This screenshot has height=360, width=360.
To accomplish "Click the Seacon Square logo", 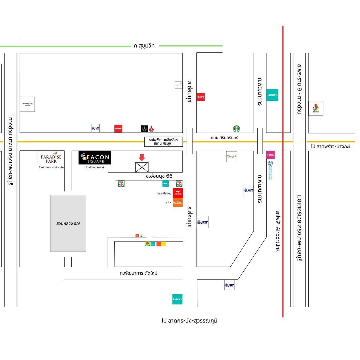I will (x=95, y=158).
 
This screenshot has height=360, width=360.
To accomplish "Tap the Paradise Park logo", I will (x=51, y=157).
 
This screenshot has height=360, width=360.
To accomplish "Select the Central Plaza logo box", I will (x=27, y=104).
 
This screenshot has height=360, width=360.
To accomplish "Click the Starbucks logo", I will (x=236, y=129).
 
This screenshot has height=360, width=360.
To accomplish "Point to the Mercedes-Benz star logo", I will (x=145, y=129).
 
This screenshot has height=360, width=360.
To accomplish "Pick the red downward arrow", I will (x=142, y=157).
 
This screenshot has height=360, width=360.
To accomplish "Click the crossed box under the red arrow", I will (x=142, y=167).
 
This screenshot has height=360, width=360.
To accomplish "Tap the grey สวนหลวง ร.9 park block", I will (x=68, y=223).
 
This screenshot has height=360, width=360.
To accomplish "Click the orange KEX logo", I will (x=178, y=202).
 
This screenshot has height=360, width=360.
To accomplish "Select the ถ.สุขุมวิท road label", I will (x=144, y=46).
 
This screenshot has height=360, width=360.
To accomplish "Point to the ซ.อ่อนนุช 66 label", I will (x=159, y=176).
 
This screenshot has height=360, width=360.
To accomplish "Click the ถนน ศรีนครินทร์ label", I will (x=224, y=138).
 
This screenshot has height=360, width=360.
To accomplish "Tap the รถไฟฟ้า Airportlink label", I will (x=278, y=231).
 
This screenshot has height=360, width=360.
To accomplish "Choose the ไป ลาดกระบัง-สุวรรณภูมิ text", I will (x=189, y=321).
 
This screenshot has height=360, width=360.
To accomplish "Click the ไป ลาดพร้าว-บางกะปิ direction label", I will (x=331, y=146).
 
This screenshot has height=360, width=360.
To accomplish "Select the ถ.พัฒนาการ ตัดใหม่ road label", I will (x=139, y=273).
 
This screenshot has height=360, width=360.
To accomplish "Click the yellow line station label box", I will (x=163, y=142).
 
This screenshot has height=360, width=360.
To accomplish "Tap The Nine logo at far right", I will (x=316, y=108).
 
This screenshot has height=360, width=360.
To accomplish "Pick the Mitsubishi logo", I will (x=151, y=129).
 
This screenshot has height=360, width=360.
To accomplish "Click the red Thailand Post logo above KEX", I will (x=178, y=193).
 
